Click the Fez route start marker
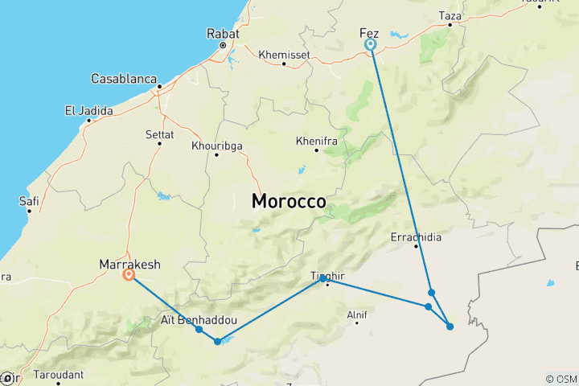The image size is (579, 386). tap(371, 45)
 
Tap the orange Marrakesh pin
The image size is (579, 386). tap(129, 274)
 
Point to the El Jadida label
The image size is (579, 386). tap(88, 111)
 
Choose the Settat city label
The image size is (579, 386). tap(159, 134)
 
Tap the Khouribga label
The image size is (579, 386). tap(216, 146)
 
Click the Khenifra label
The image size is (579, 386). tap(316, 140)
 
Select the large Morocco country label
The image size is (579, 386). tap(289, 201)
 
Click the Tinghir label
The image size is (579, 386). tap(327, 277)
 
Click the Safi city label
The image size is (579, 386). tap(29, 201)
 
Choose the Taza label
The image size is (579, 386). tap(450, 15)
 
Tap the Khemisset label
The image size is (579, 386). tap(284, 55)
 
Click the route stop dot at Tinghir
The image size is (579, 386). tap(322, 278)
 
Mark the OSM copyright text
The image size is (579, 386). tap(561, 379)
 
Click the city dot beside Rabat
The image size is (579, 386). tap(223, 45)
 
